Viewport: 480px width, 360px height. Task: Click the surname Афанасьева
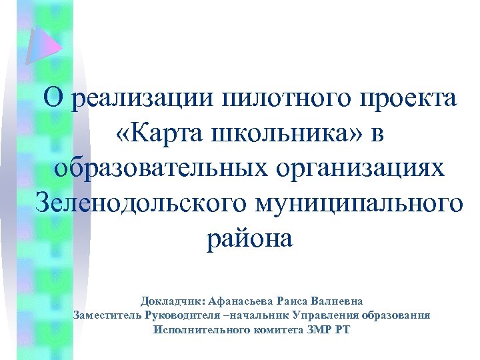(x=245, y=301)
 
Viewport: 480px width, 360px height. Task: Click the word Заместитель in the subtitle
(x=107, y=315)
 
